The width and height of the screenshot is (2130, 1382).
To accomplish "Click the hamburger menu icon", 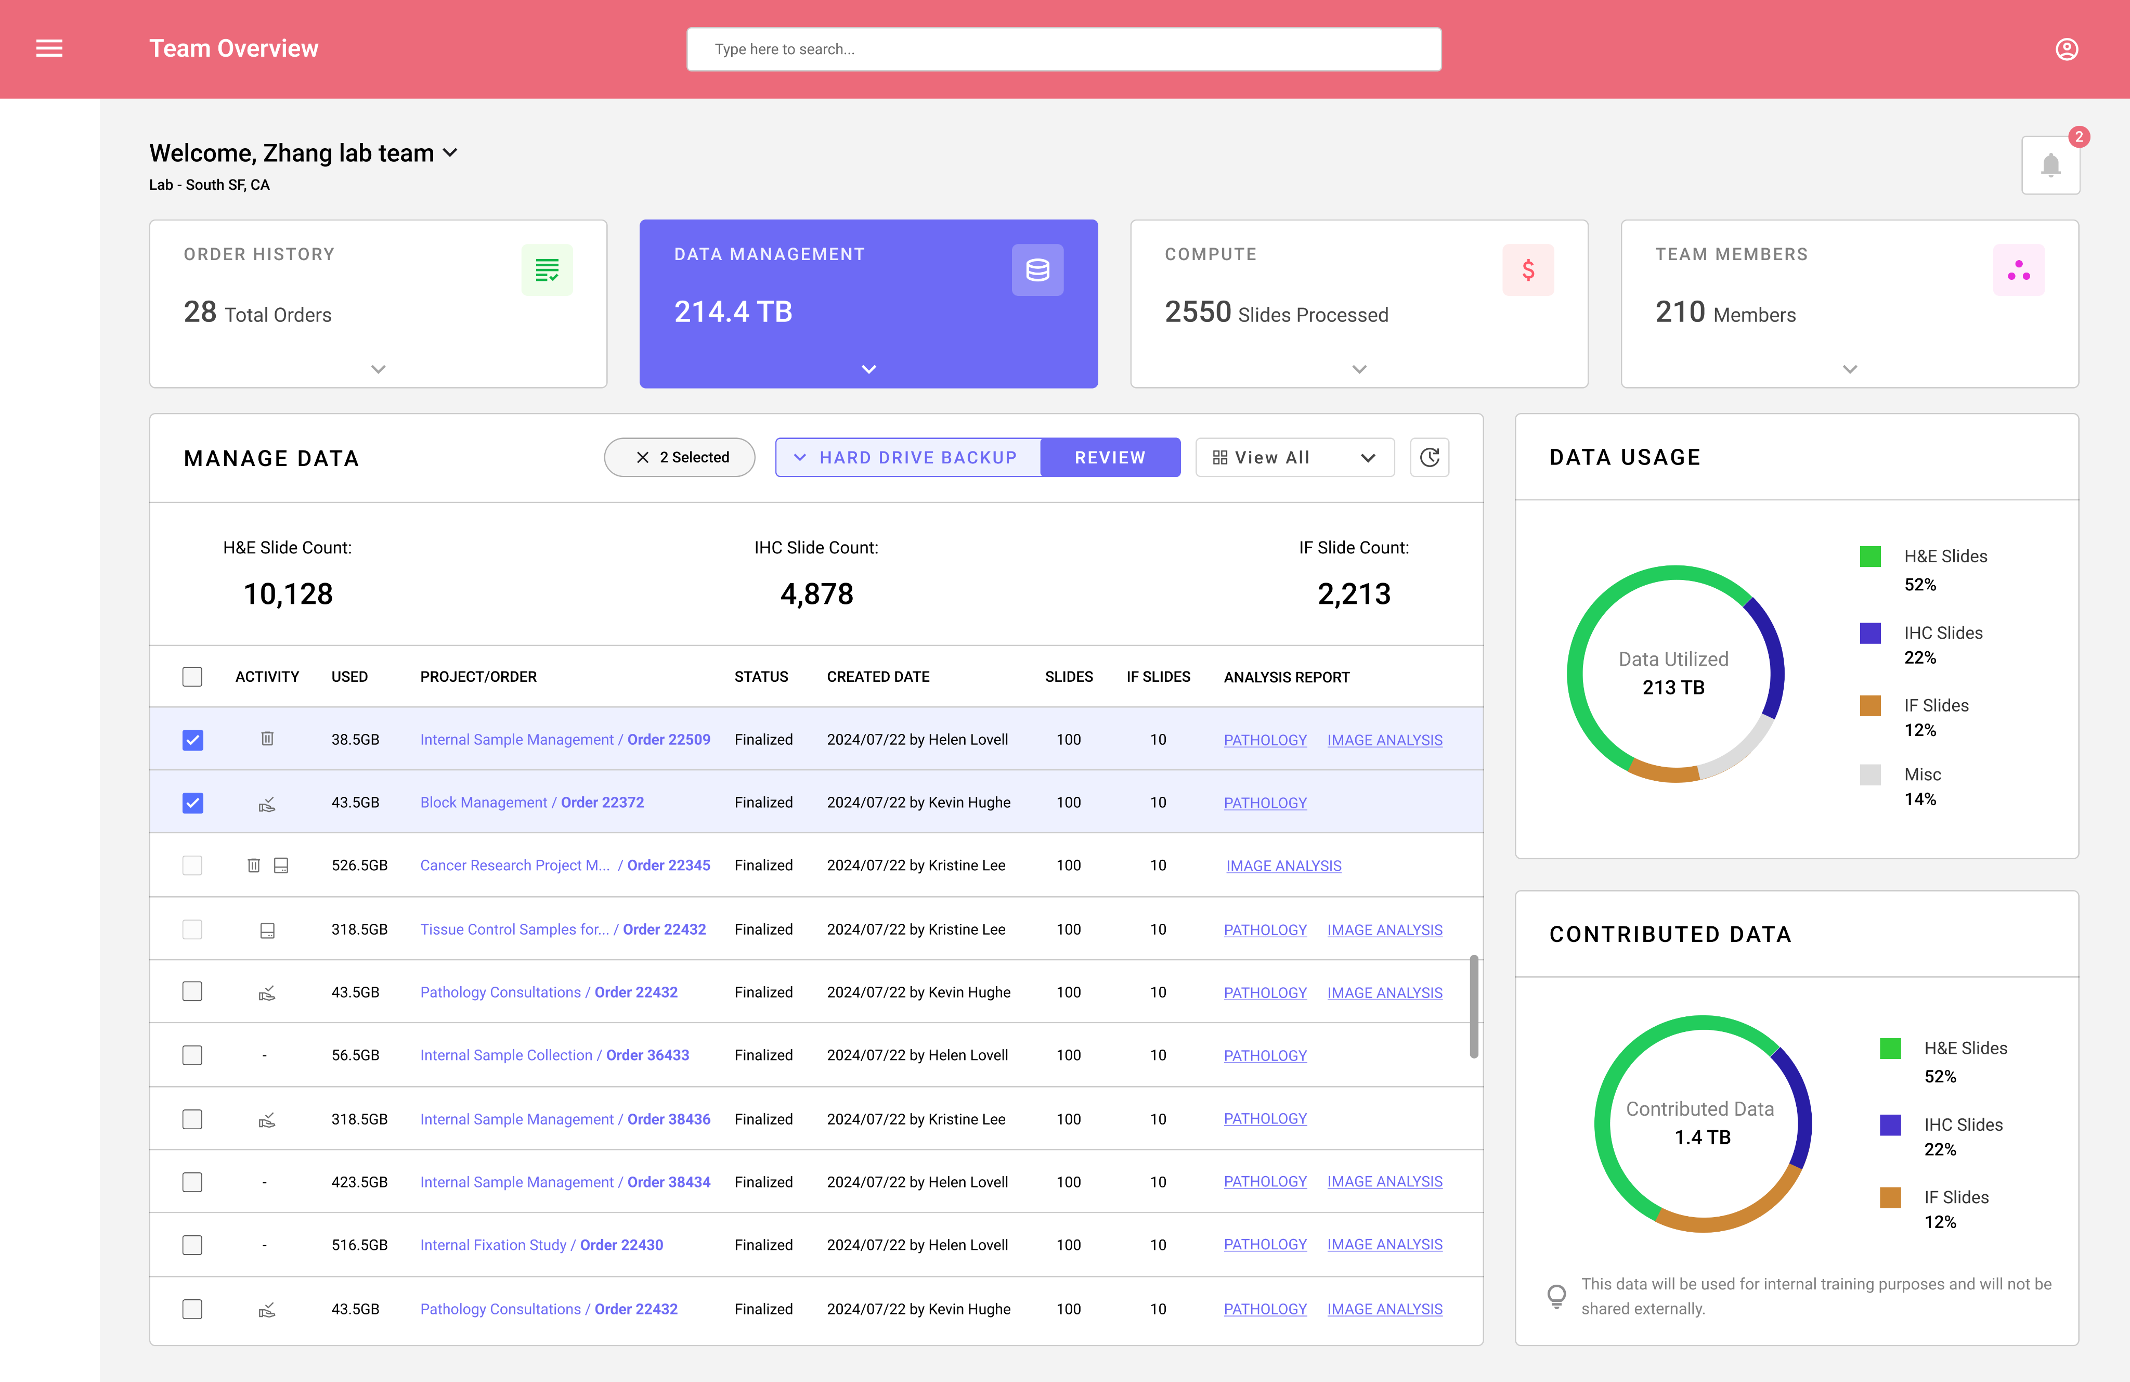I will pyautogui.click(x=49, y=48).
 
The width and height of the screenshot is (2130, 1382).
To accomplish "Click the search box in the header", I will pyautogui.click(x=1063, y=49).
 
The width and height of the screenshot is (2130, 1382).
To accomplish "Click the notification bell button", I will pyautogui.click(x=2050, y=165).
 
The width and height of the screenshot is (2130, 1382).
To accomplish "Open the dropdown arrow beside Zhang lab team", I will pyautogui.click(x=450, y=153).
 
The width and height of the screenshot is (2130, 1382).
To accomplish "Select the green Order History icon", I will pyautogui.click(x=547, y=269).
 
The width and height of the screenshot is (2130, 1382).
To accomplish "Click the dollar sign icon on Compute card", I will pyautogui.click(x=1528, y=269).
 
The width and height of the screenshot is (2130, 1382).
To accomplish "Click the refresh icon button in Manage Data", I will pyautogui.click(x=1429, y=457).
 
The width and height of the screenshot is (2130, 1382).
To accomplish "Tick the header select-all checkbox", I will pyautogui.click(x=192, y=677).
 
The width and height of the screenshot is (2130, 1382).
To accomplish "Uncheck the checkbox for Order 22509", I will pyautogui.click(x=192, y=739).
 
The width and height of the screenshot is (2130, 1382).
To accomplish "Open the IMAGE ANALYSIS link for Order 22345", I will pyautogui.click(x=1283, y=866).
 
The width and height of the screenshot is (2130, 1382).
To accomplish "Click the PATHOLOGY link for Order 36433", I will pyautogui.click(x=1265, y=1055).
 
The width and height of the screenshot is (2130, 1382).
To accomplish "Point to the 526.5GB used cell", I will pyautogui.click(x=359, y=866).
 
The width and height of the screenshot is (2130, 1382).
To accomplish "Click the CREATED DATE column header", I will pyautogui.click(x=877, y=677).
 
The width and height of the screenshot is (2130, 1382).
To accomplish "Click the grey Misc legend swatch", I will pyautogui.click(x=1869, y=774).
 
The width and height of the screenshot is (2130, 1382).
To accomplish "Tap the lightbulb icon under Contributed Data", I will pyautogui.click(x=1556, y=1295).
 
